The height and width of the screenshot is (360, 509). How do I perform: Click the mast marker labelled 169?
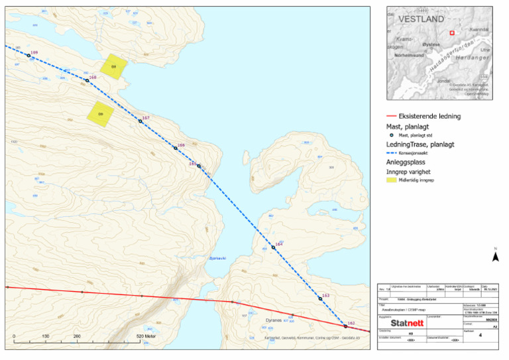coord(28,55)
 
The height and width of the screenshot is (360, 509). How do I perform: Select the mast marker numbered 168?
coord(86,80)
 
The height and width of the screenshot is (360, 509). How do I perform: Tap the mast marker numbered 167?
coord(141,121)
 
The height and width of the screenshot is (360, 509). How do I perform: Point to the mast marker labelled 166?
coord(176,148)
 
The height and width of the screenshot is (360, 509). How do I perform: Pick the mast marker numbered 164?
coord(273,247)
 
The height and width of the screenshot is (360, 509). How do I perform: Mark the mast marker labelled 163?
coord(320,298)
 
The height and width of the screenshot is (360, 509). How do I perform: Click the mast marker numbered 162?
coord(345,326)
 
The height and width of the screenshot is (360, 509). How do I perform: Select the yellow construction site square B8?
coord(113,67)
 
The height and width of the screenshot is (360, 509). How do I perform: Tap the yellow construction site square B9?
coord(101,113)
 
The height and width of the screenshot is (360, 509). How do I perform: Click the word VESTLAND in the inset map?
coord(420,21)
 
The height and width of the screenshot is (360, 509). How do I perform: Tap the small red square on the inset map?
coord(452,32)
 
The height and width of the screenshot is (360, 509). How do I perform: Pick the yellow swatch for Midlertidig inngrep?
coord(392,179)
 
